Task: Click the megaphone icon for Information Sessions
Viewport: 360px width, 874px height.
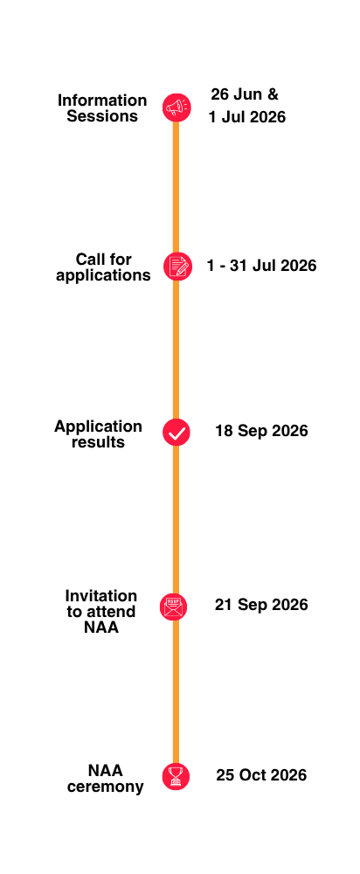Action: tap(177, 107)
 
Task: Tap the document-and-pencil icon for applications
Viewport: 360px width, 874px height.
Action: tap(177, 266)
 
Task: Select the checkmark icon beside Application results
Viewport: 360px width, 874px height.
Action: tap(177, 432)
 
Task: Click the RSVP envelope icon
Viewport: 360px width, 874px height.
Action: tap(173, 607)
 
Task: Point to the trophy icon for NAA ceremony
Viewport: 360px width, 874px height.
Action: tap(177, 776)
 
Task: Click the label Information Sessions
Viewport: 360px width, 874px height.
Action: tap(102, 108)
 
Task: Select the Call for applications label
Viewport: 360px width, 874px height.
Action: tap(104, 267)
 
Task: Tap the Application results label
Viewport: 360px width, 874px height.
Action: tap(98, 434)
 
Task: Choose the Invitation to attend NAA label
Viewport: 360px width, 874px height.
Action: tap(100, 612)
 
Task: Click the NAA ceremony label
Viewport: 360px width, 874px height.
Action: tap(106, 778)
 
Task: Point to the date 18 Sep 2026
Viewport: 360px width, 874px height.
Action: tap(261, 431)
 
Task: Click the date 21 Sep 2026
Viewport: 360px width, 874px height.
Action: tap(261, 605)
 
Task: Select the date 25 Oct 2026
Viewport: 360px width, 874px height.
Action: tap(261, 775)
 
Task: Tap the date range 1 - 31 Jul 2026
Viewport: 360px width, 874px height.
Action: tap(261, 266)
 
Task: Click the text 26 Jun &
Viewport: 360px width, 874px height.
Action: tap(245, 94)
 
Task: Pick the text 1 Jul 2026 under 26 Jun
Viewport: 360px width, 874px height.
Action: tap(247, 117)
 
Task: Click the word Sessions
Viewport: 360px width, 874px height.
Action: tap(102, 116)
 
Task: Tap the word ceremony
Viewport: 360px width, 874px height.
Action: tap(106, 787)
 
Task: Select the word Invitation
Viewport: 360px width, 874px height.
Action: tap(100, 596)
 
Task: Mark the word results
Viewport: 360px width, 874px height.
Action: tap(98, 442)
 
